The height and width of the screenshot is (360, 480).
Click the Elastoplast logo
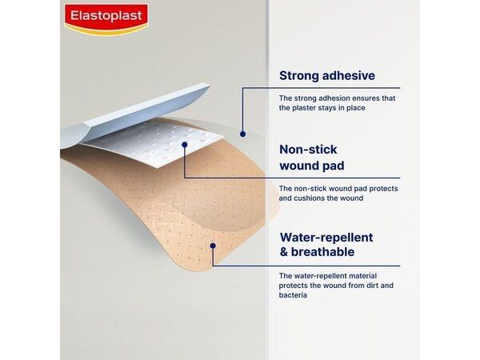106,17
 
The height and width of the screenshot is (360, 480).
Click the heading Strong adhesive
326,76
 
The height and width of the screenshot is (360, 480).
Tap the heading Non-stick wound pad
311,158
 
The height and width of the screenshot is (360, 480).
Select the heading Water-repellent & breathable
326,245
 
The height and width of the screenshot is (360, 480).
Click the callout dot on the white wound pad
184,145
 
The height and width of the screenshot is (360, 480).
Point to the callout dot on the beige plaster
213,245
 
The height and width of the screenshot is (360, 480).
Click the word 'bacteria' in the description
293,295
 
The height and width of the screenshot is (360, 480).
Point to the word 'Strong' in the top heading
298,76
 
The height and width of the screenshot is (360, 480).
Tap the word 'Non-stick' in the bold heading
308,150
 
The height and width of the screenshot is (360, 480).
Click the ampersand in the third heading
284,253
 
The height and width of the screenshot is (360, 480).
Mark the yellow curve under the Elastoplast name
106,30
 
